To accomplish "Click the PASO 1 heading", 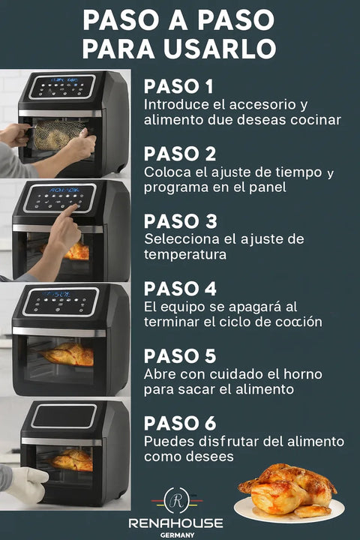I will [178, 85].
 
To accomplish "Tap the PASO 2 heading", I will [180, 154].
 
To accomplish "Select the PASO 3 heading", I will [180, 221].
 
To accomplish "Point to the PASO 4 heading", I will [180, 289].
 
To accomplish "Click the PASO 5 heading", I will [180, 355].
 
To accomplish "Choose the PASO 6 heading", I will [180, 423].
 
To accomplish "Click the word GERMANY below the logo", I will [178, 535].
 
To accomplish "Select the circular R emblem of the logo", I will [178, 501].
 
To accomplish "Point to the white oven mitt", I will [25, 484].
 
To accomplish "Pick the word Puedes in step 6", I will [166, 440].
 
